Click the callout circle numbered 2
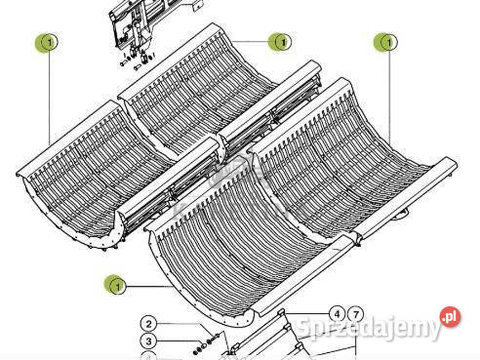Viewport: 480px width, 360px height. click(x=148, y=324)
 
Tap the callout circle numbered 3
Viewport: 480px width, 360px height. click(x=148, y=341)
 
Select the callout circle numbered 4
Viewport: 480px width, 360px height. click(x=337, y=314)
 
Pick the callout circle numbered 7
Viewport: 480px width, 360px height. click(x=356, y=314)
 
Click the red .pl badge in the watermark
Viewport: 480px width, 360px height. click(x=451, y=317)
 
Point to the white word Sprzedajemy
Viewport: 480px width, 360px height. click(x=369, y=327)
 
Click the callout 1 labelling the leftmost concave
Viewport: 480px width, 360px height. click(x=49, y=43)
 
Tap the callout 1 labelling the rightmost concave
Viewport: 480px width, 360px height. click(x=387, y=42)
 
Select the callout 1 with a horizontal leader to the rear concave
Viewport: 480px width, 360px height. click(x=282, y=42)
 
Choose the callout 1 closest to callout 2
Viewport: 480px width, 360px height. click(x=117, y=286)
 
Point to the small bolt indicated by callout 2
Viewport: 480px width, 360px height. click(x=213, y=338)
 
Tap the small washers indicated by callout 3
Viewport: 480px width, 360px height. click(x=199, y=348)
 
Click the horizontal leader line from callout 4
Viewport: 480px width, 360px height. click(x=306, y=313)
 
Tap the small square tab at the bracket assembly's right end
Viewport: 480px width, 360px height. click(x=198, y=6)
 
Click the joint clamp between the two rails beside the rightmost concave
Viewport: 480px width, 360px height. click(x=357, y=238)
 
